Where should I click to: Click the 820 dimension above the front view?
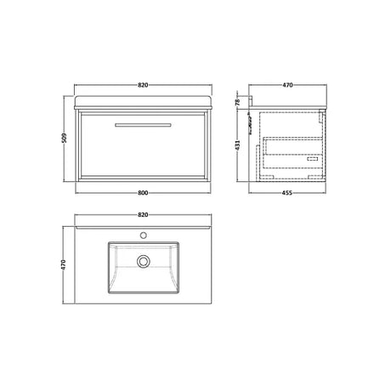(143, 85)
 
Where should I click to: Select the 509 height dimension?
(65, 138)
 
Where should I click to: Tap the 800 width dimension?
(143, 193)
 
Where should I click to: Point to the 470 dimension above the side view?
(287, 85)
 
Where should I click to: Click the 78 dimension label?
(238, 102)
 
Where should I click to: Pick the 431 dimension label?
(238, 144)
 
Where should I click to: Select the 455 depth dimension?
(287, 193)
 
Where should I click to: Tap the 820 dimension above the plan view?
(143, 215)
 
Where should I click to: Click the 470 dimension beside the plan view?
(64, 264)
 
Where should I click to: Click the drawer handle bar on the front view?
(143, 125)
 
